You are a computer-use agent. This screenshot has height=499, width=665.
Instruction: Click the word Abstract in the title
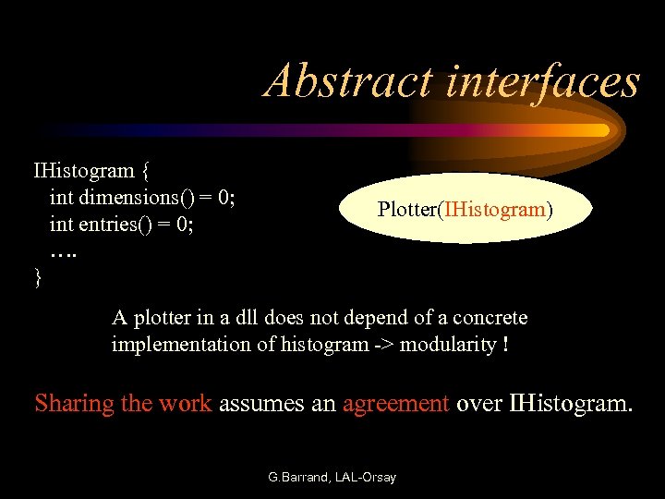(x=346, y=80)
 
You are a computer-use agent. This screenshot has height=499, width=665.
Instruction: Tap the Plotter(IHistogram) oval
(x=465, y=210)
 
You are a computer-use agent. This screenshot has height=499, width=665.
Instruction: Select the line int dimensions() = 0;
(x=142, y=197)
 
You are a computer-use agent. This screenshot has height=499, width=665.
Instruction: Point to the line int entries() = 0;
(x=121, y=224)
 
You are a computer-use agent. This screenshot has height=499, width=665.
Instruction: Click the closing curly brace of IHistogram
(x=38, y=277)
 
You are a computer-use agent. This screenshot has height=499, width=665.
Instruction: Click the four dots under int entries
(x=64, y=249)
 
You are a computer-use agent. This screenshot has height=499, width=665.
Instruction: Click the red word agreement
(x=395, y=404)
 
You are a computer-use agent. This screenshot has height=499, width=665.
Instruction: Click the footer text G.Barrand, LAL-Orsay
(x=332, y=478)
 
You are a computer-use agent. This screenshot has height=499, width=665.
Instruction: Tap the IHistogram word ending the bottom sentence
(x=569, y=404)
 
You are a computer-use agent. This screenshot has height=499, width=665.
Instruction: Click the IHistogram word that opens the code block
(x=84, y=170)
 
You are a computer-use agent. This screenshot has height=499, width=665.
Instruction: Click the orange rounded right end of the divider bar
(x=602, y=130)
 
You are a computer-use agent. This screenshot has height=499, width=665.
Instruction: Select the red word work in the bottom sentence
(x=185, y=404)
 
